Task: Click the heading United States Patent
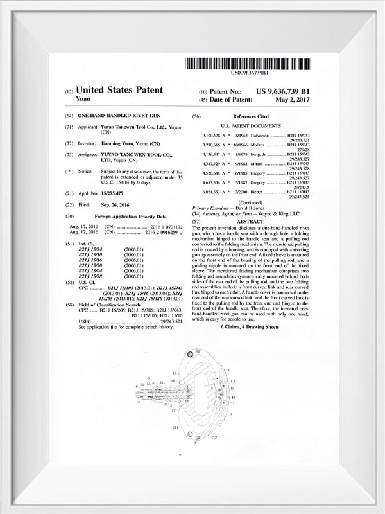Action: click(x=119, y=91)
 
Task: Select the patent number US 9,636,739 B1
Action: click(x=282, y=91)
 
